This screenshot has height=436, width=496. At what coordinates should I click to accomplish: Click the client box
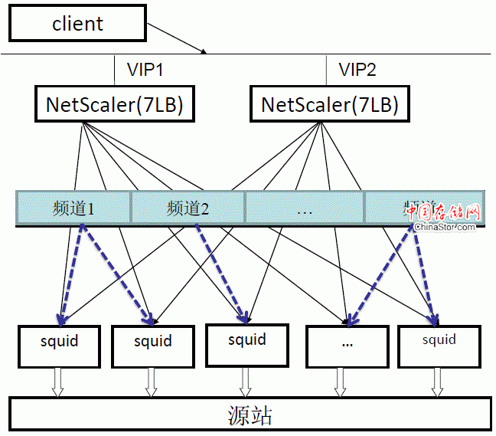point(77,23)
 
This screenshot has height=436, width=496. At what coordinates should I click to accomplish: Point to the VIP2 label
point(357,70)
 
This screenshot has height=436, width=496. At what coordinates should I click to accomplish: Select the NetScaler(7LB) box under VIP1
point(114,104)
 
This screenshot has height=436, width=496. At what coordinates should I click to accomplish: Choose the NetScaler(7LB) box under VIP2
point(330,104)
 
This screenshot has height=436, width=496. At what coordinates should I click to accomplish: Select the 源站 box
point(250,415)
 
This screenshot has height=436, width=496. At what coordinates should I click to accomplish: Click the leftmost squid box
point(59,346)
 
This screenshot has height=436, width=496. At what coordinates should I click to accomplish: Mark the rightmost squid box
point(439,345)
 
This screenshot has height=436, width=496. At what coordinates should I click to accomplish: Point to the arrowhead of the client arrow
point(204,52)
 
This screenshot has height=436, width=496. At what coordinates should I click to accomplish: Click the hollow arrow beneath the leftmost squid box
point(57,382)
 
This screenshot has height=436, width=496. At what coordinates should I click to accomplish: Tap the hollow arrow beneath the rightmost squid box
point(437,382)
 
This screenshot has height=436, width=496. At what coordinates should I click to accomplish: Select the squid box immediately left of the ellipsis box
point(246,344)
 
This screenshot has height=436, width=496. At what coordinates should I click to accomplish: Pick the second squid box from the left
point(152,346)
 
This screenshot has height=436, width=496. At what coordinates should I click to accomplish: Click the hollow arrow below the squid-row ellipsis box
point(340,382)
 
